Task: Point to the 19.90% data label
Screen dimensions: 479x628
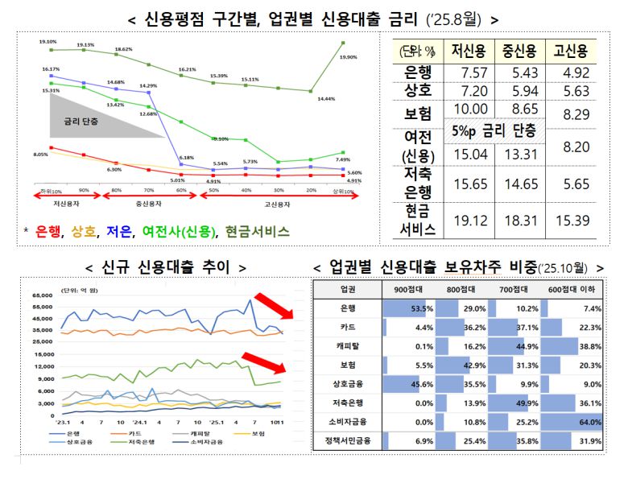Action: tap(349, 57)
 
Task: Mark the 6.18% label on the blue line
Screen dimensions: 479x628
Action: tap(186, 157)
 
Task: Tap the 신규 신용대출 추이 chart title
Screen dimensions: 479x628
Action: tap(165, 266)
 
